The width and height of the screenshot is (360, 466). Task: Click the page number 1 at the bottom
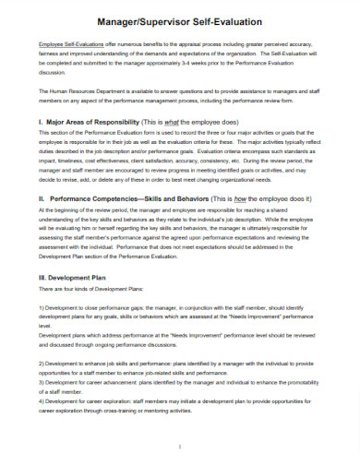[x=180, y=447]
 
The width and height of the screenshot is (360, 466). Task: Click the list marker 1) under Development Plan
[x=42, y=305]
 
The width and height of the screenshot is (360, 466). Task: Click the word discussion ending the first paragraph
[x=56, y=72]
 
